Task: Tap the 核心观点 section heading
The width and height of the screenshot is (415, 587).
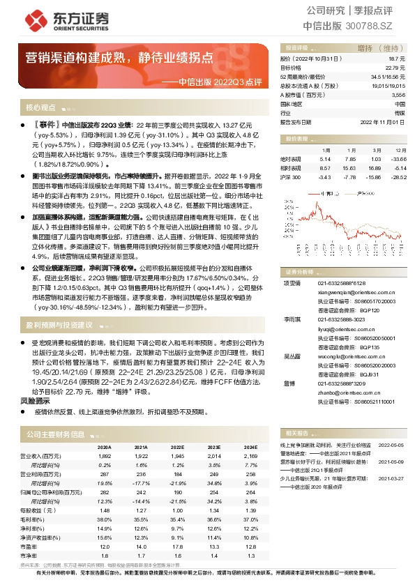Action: (40, 108)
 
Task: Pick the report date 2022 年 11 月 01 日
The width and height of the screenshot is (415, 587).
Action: (382, 121)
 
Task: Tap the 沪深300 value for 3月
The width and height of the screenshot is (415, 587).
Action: (375, 177)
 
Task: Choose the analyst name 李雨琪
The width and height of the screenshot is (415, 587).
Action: (292, 317)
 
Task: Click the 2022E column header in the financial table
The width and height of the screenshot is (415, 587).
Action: (176, 447)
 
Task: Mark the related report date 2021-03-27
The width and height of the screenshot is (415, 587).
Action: (391, 478)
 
